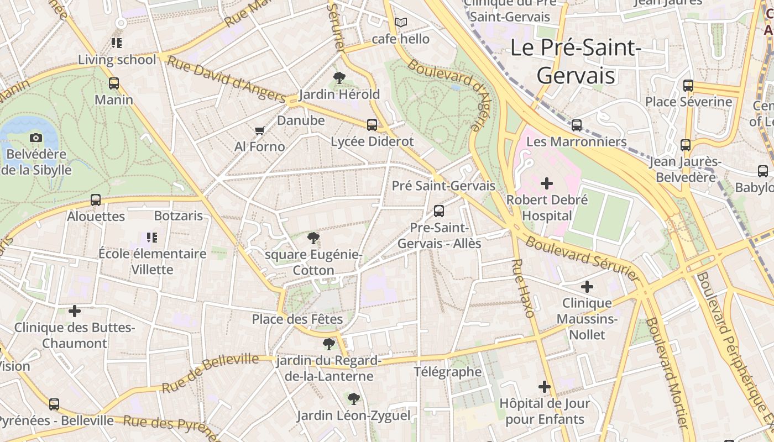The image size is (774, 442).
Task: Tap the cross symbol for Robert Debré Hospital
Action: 547,183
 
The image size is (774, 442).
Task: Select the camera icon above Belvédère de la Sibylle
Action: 36,138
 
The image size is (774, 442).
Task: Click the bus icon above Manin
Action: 114,83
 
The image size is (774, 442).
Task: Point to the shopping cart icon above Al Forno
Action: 259,130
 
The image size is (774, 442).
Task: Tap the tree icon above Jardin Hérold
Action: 339,78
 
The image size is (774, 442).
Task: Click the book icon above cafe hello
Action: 401,23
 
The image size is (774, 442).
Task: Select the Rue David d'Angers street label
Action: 227,79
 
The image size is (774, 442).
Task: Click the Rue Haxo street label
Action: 523,288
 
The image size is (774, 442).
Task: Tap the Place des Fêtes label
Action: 297,319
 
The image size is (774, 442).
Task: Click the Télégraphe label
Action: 448,371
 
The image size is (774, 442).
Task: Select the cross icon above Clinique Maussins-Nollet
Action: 587,287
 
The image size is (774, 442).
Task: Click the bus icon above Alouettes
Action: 96,200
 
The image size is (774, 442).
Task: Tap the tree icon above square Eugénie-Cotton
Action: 313,239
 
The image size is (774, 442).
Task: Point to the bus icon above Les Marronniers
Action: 577,125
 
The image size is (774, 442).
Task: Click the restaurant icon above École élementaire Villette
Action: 152,238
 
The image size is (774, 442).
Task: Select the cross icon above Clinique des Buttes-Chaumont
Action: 75,311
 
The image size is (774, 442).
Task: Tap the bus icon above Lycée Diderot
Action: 372,125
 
